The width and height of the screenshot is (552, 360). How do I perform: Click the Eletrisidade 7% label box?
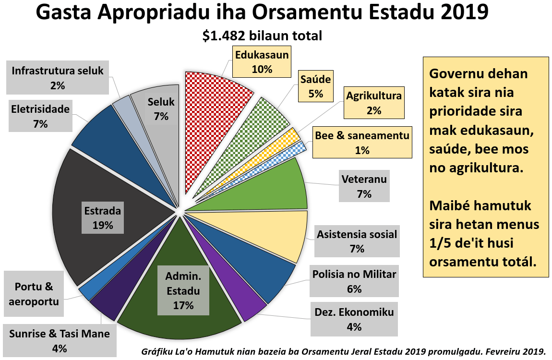pyautogui.click(x=40, y=116)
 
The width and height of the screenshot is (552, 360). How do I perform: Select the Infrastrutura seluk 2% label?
pyautogui.click(x=58, y=78)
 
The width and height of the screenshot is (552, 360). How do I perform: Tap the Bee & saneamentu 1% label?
pyautogui.click(x=362, y=143)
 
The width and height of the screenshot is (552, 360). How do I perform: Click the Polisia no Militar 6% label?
pyautogui.click(x=354, y=281)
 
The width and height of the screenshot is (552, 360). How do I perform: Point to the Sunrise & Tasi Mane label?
pyautogui.click(x=60, y=341)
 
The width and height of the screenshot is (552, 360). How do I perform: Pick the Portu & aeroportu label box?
pyautogui.click(x=34, y=294)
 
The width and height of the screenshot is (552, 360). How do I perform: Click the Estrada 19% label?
pyautogui.click(x=103, y=217)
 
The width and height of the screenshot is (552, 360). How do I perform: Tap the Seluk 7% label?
pyautogui.click(x=161, y=108)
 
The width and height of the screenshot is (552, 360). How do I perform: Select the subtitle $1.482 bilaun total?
pyautogui.click(x=262, y=36)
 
